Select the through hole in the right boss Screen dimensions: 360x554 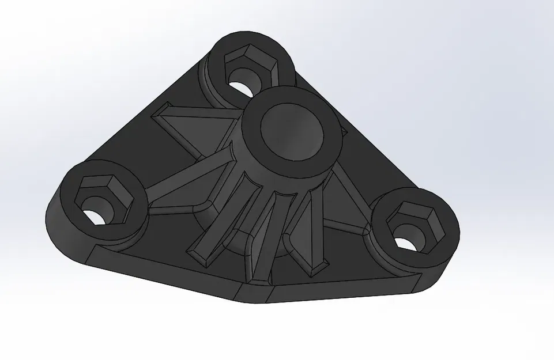[x=407, y=244]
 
